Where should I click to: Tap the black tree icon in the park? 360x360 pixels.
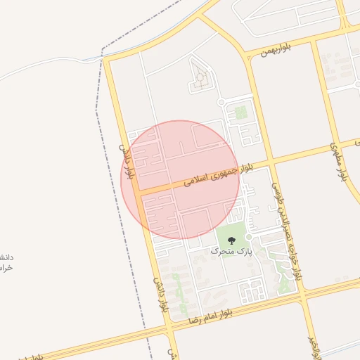click(x=231, y=241)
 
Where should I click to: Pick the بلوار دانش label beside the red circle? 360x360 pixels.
click(x=127, y=162)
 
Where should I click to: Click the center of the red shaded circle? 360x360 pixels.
click(x=181, y=179)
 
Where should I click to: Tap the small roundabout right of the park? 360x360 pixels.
click(x=248, y=237)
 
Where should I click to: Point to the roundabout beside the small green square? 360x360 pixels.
click(x=221, y=103)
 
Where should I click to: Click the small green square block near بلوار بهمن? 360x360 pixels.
click(x=240, y=112)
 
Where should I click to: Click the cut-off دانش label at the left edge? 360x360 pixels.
click(x=7, y=263)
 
